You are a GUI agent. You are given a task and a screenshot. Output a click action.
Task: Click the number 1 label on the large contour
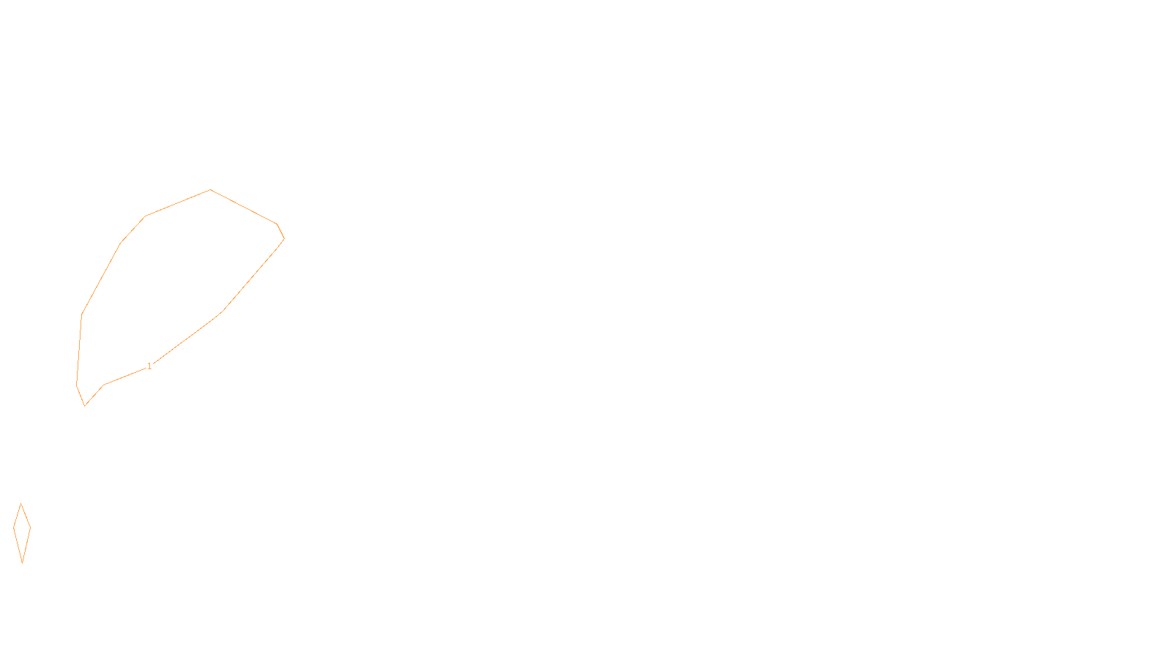point(149,366)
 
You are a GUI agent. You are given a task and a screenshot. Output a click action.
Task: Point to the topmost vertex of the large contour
point(211,190)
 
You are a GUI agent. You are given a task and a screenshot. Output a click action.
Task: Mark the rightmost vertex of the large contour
point(284,238)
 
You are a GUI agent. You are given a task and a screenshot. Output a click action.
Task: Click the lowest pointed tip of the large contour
point(85,405)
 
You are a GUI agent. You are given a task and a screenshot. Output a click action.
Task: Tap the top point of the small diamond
point(21,504)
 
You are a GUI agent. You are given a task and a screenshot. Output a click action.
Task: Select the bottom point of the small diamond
point(23,562)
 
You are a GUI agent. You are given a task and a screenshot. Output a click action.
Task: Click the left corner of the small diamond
point(14,527)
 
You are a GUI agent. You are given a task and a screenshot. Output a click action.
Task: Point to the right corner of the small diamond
point(30,527)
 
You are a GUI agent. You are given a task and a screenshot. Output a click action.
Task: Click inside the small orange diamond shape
point(22,530)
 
